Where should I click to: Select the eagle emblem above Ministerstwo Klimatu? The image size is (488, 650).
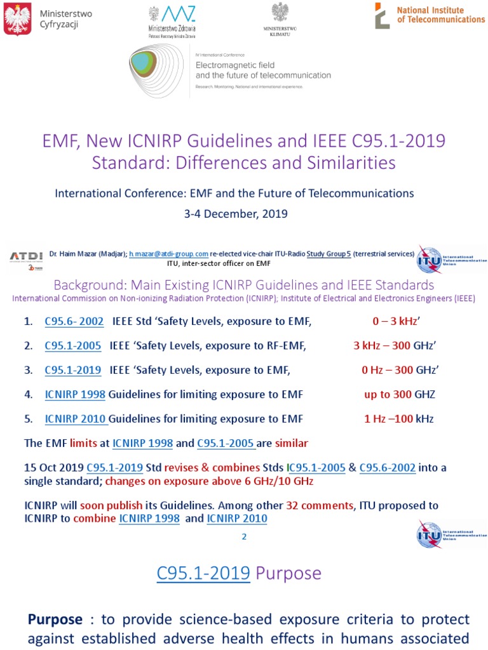[280, 13]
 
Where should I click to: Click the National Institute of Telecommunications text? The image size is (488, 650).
[440, 15]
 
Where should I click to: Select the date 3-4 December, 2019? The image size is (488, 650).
[236, 214]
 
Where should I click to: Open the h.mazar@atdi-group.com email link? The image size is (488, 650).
[168, 254]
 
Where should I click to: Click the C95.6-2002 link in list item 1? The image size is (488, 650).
[74, 322]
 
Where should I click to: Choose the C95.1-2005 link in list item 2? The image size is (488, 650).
[73, 346]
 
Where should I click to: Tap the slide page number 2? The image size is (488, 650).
[243, 536]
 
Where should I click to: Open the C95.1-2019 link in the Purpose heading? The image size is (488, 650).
[203, 573]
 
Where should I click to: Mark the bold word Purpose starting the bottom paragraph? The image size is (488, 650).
[55, 619]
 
